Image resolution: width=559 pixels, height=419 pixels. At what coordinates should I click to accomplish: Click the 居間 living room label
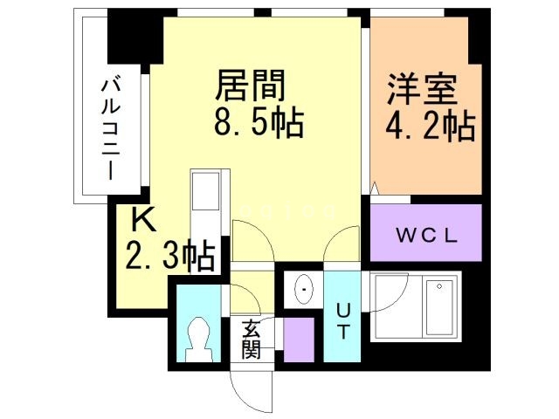coord(252,86)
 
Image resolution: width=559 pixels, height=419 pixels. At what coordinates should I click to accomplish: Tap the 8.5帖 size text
coord(259,123)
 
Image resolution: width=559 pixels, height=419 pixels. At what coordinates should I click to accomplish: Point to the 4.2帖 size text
coord(431,127)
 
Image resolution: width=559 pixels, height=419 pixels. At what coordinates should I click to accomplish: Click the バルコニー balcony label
coord(112,127)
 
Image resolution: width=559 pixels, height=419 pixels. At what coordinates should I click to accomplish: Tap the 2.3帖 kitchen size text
coord(170,255)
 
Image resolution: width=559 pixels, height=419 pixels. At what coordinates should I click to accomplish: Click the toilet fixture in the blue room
coord(198,337)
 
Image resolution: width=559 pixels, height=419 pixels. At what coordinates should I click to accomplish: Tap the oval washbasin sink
coord(303,285)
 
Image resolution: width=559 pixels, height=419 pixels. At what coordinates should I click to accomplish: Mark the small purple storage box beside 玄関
coord(298,340)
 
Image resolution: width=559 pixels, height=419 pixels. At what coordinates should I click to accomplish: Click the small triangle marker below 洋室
coord(375,188)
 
